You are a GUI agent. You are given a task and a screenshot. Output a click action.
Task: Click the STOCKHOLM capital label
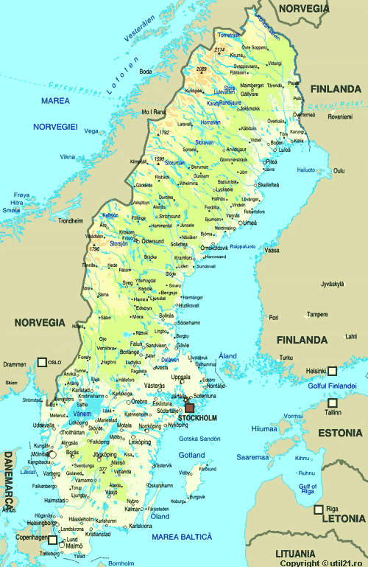[197, 418]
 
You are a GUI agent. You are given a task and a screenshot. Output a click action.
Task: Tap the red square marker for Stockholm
[189, 407]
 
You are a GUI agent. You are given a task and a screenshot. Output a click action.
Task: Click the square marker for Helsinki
[332, 371]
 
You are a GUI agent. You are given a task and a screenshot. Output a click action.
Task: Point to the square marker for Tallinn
[333, 403]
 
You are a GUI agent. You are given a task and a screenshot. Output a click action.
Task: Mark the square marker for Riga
[319, 509]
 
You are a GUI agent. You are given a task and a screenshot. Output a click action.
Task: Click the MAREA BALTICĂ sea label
[181, 536]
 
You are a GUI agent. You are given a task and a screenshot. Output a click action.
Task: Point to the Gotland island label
[191, 455]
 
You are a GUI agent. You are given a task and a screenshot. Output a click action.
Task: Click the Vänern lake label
[82, 414]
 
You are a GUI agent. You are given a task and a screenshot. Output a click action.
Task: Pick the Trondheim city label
[70, 220]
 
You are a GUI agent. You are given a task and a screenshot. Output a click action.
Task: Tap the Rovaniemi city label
[340, 116]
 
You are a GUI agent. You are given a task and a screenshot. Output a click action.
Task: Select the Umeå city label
[250, 223]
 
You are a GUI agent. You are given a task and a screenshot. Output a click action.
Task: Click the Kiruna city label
[236, 55]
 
